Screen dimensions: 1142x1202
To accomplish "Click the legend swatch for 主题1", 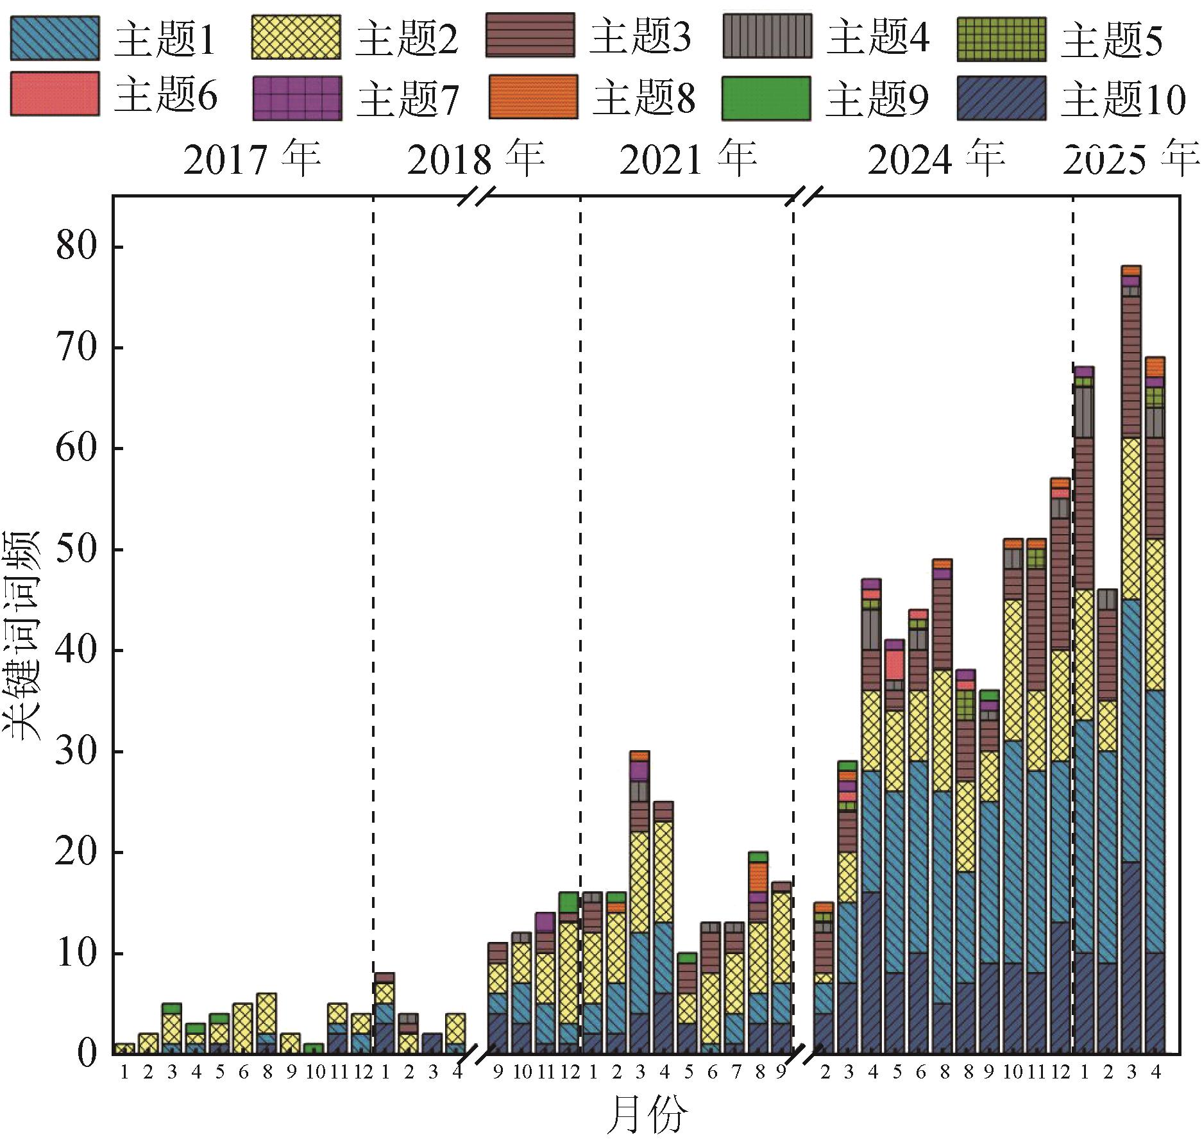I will [55, 38].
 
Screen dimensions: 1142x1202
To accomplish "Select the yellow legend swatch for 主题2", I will [296, 38].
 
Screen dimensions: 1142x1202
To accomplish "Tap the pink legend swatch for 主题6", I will [55, 94].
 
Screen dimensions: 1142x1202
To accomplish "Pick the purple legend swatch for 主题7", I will [297, 98].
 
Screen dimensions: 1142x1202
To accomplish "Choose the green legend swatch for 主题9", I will [766, 98].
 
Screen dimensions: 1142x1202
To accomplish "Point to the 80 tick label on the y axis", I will [77, 246].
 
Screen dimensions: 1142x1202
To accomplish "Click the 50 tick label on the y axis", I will [77, 550].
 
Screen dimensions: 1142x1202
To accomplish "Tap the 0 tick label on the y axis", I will [87, 1053].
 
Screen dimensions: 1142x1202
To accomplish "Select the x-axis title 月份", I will [646, 1114].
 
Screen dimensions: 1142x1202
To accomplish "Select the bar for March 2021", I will [639, 898].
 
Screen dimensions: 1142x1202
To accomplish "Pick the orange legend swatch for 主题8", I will [533, 97].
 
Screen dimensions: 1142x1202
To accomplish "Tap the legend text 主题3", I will [640, 38].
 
